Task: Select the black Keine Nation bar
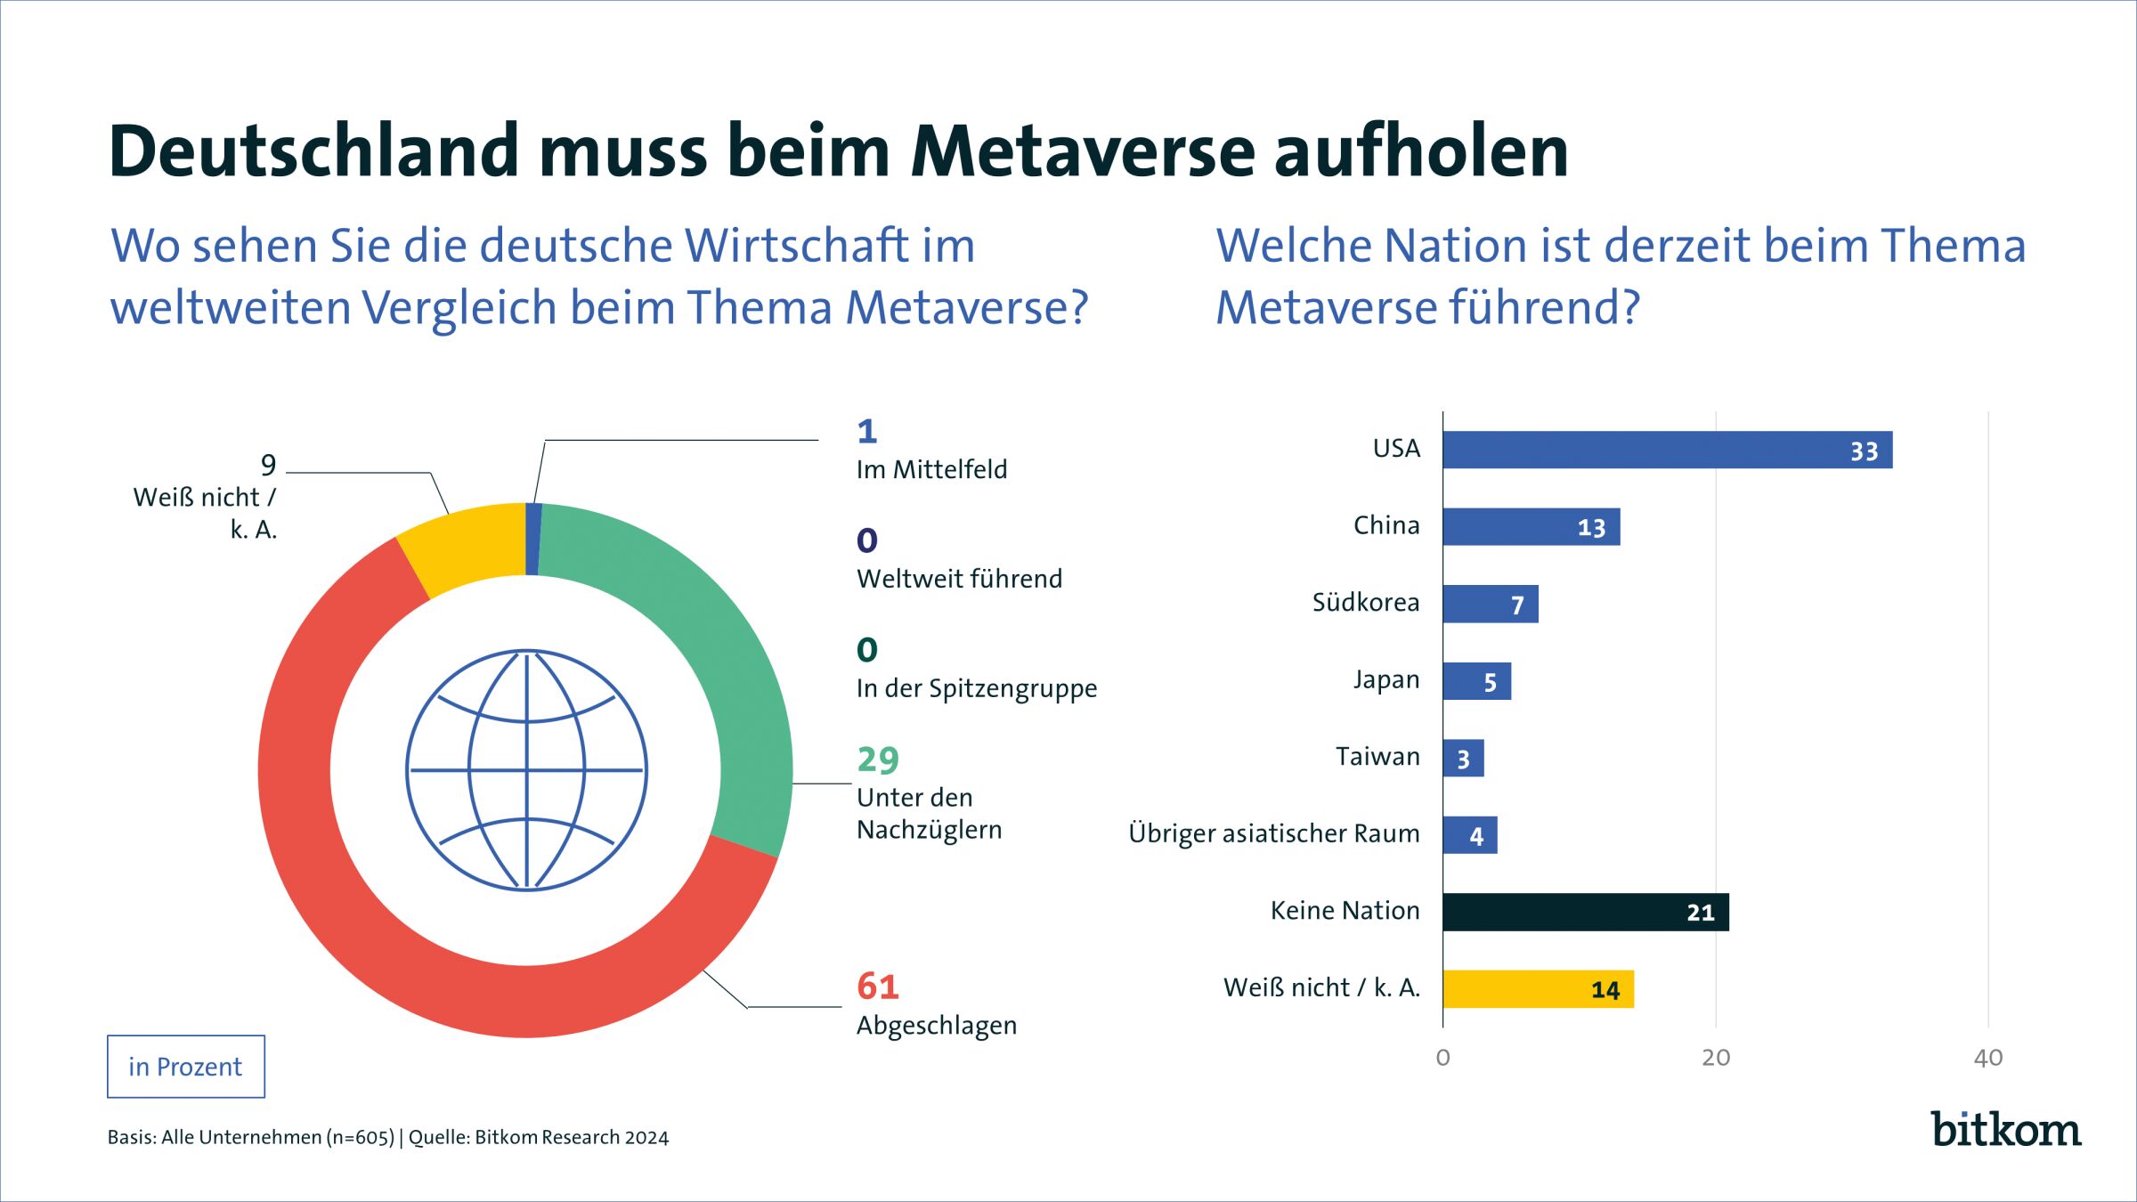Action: tap(1585, 912)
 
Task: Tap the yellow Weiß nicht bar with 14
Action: tap(1538, 989)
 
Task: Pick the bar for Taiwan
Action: tap(1463, 759)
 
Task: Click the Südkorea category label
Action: tap(1365, 603)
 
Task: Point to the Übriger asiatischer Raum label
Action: tap(1273, 833)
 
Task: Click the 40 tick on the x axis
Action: tap(1987, 1058)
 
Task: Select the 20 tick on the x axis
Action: tap(1715, 1058)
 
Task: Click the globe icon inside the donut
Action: tap(526, 770)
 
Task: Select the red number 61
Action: tap(878, 987)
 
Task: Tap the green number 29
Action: tap(878, 759)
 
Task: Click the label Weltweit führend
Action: tap(959, 579)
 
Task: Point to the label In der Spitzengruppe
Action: tap(976, 688)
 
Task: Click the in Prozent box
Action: tap(185, 1067)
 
